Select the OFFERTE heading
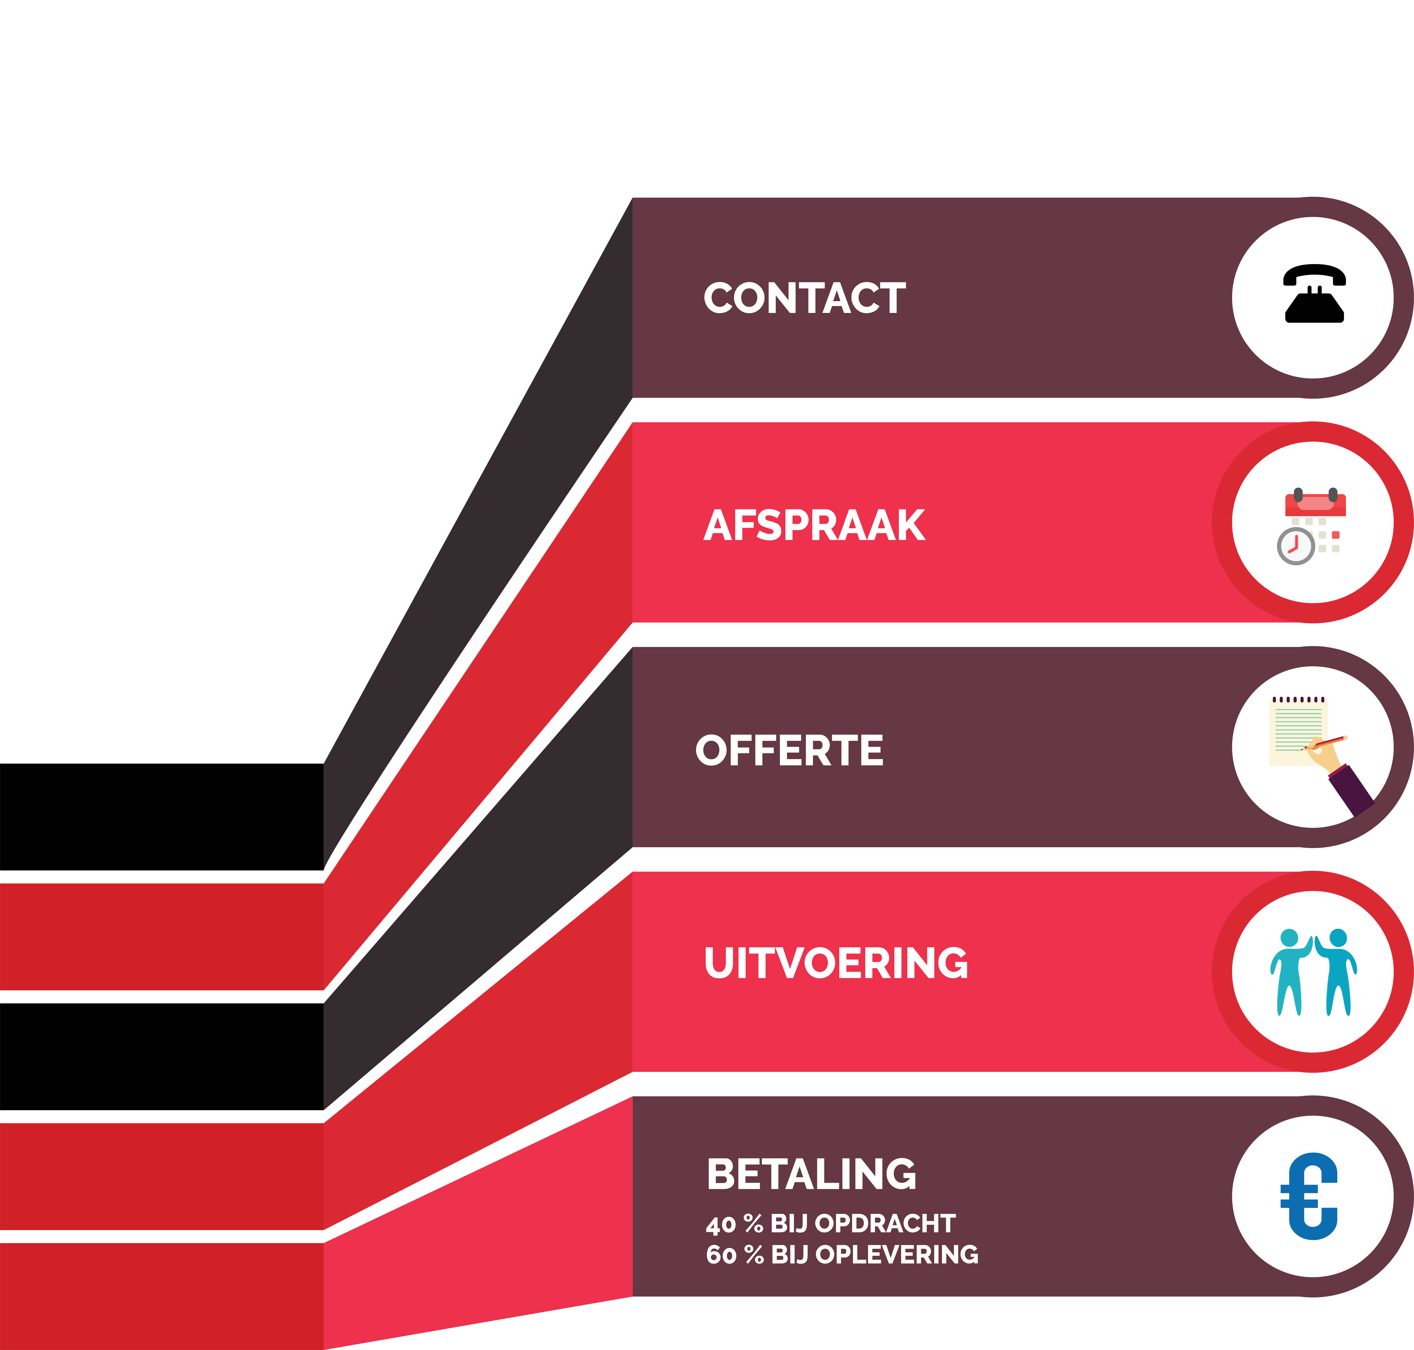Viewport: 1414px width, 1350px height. tap(789, 751)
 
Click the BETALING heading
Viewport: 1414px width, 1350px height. tap(811, 1174)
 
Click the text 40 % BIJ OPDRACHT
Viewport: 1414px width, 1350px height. tap(830, 1223)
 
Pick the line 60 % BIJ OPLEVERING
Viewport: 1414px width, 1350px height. tap(842, 1254)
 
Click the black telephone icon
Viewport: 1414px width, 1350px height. tap(1314, 294)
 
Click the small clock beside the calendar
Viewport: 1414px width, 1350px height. tap(1296, 546)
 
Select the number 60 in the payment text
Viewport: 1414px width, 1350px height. tap(721, 1255)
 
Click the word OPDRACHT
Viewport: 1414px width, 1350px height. tap(885, 1223)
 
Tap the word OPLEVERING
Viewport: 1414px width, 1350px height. tap(897, 1254)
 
